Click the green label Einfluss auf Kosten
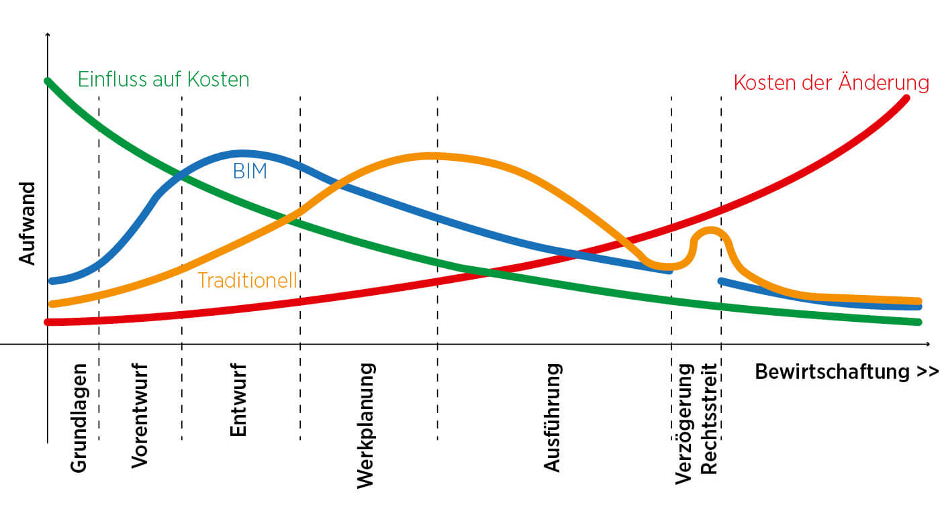(x=163, y=80)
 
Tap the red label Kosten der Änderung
(x=831, y=83)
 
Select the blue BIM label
(x=250, y=172)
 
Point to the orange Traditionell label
(x=247, y=280)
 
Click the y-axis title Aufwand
(x=28, y=223)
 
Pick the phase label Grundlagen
(x=79, y=418)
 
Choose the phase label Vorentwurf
(x=140, y=416)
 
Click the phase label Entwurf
(x=238, y=400)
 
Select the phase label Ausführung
(x=552, y=417)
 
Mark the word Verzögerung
(x=684, y=423)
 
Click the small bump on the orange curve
(x=709, y=232)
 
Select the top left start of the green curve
(x=48, y=81)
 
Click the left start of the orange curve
(x=52, y=304)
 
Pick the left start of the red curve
(x=48, y=322)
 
